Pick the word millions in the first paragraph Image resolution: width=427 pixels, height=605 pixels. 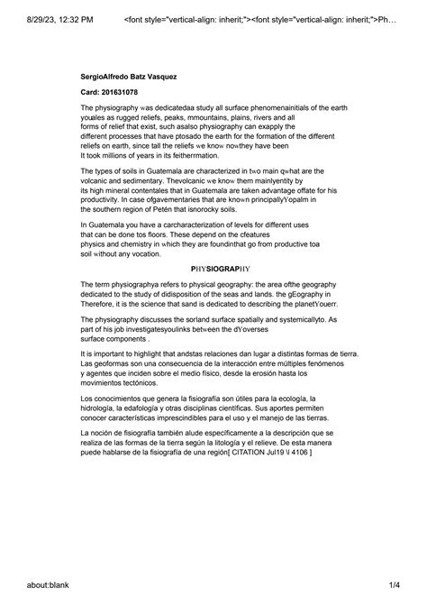pyautogui.click(x=123, y=156)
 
